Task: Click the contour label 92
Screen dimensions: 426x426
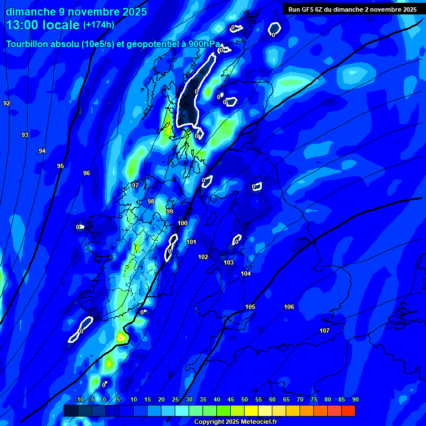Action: point(7,104)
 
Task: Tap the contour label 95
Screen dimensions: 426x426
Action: point(60,166)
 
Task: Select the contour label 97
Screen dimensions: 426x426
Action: point(135,185)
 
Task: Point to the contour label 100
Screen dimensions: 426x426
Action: point(182,223)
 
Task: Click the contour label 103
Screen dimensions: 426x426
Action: point(229,262)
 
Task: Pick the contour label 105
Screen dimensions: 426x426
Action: point(250,307)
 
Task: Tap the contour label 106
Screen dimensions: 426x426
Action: point(289,307)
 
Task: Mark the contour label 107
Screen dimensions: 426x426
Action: point(324,331)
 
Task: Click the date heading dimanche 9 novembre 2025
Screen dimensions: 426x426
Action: point(77,12)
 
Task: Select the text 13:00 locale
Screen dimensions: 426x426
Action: point(43,25)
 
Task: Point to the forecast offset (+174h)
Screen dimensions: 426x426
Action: point(99,25)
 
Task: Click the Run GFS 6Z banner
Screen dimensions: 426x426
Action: point(352,9)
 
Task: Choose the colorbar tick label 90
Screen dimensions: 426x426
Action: point(355,400)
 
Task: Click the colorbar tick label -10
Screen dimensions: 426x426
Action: point(79,400)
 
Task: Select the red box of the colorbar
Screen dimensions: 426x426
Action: point(348,410)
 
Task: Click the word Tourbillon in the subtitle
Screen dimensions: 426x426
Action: point(28,44)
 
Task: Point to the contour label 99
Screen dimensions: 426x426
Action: point(170,211)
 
